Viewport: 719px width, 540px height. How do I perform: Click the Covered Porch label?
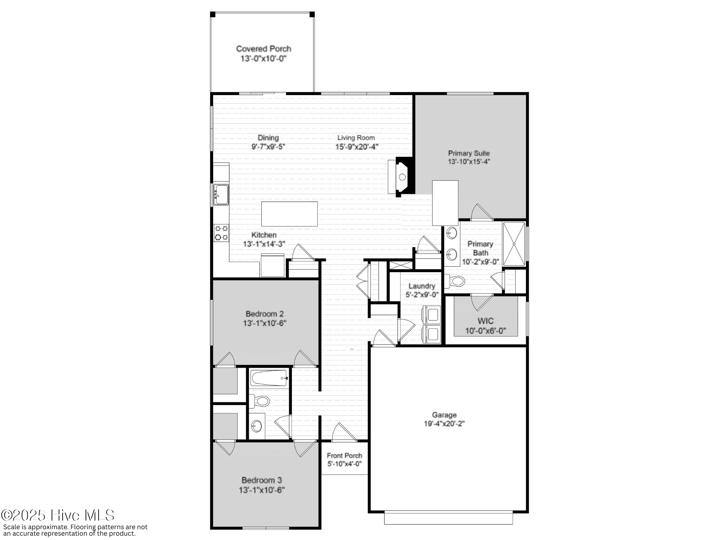(x=264, y=49)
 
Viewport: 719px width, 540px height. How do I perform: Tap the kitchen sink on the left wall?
(x=221, y=194)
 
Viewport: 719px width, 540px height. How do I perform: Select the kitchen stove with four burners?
(x=221, y=233)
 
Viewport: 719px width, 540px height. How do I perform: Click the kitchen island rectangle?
(x=289, y=214)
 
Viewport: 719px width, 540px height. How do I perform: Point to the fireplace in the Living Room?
(x=401, y=177)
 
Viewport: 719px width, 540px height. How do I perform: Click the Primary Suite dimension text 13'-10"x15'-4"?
(x=468, y=162)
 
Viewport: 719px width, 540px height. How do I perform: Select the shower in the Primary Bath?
(x=514, y=244)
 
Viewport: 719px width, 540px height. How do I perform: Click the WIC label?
(x=485, y=321)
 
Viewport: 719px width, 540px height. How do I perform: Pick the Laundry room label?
(x=422, y=286)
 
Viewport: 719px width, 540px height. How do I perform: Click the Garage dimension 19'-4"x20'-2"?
(x=444, y=424)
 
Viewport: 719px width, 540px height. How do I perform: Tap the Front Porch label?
(x=344, y=456)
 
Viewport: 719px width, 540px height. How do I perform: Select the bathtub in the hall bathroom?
(x=269, y=378)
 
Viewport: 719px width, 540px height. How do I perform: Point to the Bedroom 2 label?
(x=265, y=314)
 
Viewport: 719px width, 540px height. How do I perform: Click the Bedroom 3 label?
(x=262, y=480)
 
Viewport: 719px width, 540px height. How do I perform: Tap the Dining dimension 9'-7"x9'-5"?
(x=268, y=147)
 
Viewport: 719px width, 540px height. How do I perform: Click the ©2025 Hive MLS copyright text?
(x=58, y=516)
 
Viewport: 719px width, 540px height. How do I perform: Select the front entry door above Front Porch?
(x=344, y=434)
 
